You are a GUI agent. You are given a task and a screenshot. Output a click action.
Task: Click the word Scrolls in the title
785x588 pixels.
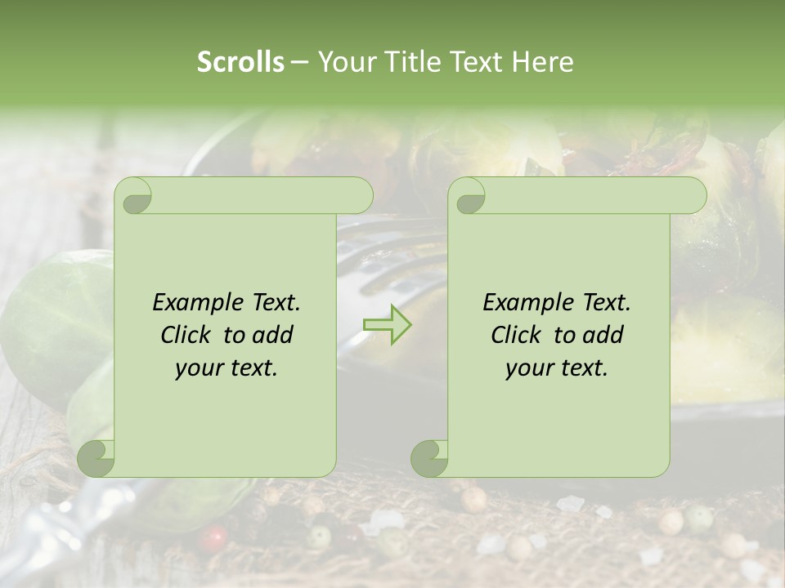pyautogui.click(x=241, y=62)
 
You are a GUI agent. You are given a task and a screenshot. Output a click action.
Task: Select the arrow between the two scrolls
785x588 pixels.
pyautogui.click(x=388, y=324)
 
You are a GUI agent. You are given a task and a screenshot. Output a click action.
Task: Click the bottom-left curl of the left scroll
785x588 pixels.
pyautogui.click(x=96, y=458)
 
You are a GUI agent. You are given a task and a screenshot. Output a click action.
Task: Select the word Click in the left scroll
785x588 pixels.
pyautogui.click(x=187, y=335)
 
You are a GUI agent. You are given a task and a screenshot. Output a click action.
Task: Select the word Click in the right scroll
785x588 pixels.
pyautogui.click(x=518, y=335)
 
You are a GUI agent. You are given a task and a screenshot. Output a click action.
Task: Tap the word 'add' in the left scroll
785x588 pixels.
pyautogui.click(x=273, y=335)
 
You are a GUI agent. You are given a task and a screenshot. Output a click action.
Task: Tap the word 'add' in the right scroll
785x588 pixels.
pyautogui.click(x=603, y=335)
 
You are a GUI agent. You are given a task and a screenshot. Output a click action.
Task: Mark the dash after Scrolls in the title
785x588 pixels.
pyautogui.click(x=300, y=63)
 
